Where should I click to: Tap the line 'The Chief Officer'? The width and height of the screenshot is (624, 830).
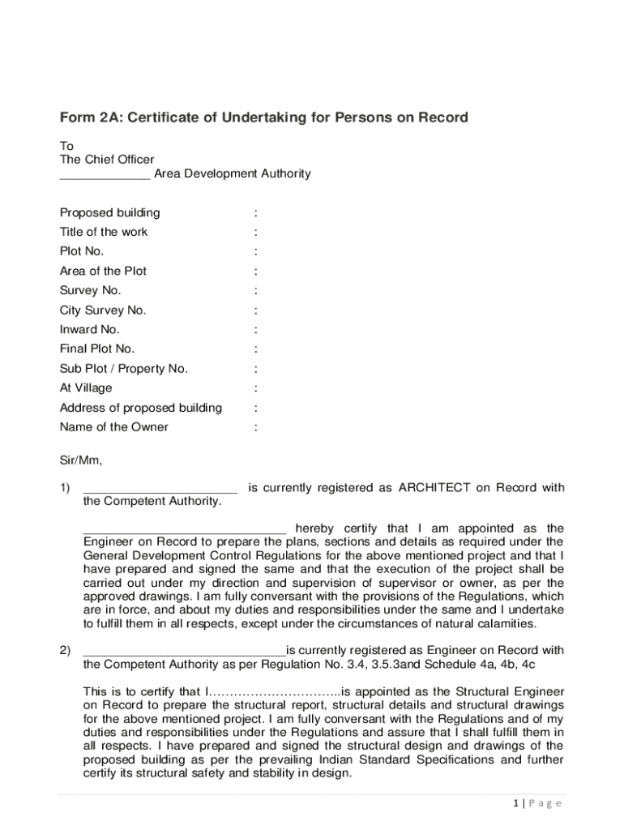tap(107, 160)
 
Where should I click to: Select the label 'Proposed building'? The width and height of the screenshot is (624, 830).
tap(110, 213)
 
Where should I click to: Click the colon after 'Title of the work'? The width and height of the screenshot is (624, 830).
tap(256, 233)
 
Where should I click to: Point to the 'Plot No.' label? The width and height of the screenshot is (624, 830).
tap(82, 252)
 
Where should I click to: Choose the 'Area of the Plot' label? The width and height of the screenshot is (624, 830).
tap(103, 272)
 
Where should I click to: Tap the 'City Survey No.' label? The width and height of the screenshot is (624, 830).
tap(103, 310)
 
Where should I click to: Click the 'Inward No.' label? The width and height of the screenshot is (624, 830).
tap(90, 330)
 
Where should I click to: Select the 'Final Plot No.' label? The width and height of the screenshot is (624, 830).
tap(97, 349)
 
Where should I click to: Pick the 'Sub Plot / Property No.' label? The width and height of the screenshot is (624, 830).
tap(124, 369)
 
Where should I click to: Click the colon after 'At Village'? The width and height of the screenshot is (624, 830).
tap(256, 388)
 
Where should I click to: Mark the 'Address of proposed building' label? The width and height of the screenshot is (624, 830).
tap(141, 408)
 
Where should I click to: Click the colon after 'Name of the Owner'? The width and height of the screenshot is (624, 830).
tap(256, 427)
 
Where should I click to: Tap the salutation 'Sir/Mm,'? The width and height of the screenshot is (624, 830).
tap(81, 461)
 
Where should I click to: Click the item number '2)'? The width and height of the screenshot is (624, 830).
tap(65, 650)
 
